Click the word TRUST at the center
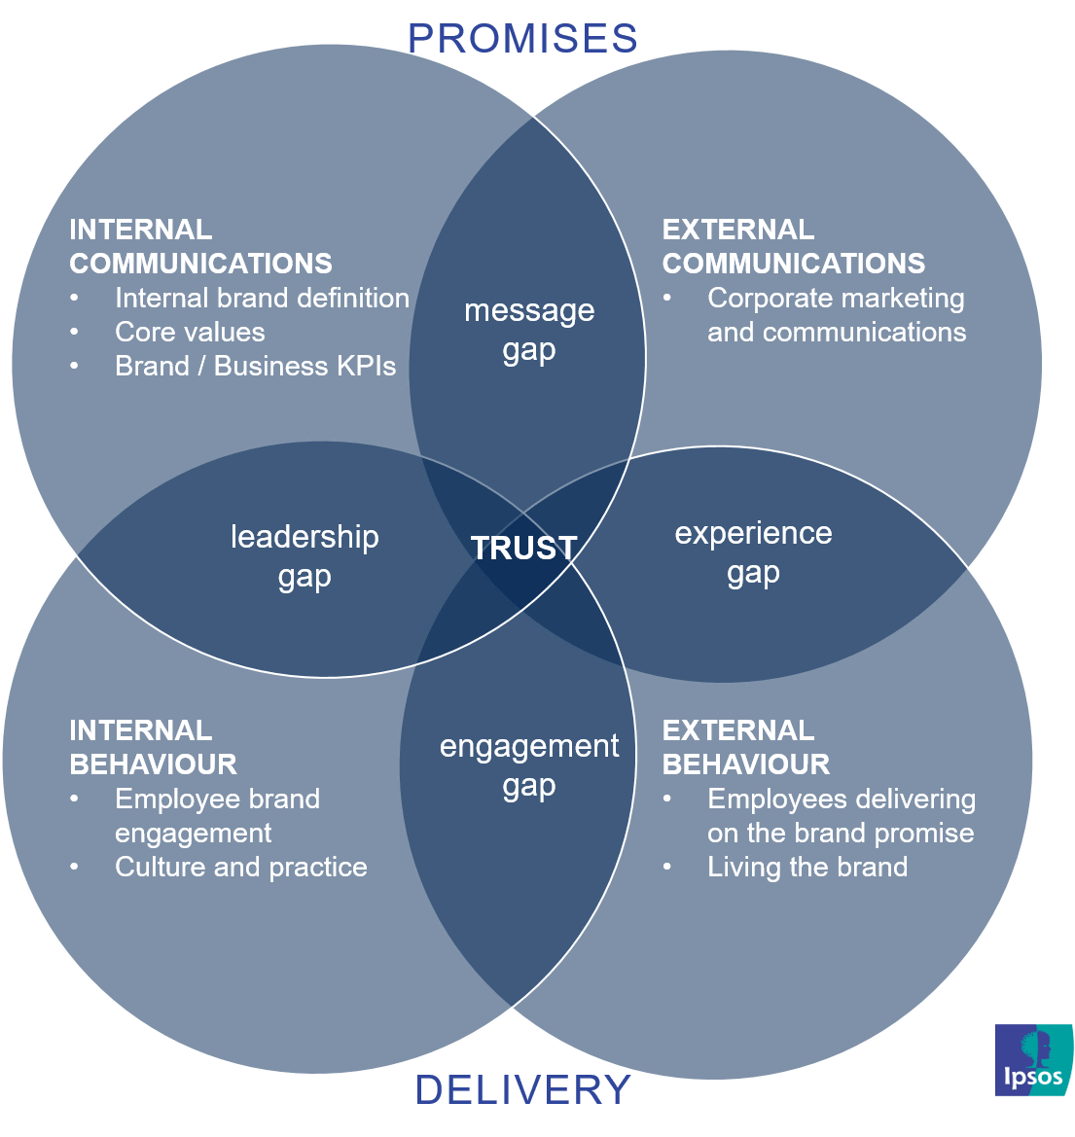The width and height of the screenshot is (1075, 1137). coord(524,548)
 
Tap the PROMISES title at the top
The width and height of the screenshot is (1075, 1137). coord(522,38)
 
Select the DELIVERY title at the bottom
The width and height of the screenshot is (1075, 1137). coord(522,1089)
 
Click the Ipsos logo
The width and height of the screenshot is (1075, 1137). coord(1033,1059)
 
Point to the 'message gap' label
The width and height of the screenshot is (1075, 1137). coord(529,330)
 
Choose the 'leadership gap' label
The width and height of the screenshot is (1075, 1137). coord(305,556)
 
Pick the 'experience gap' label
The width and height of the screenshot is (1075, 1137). coord(753,552)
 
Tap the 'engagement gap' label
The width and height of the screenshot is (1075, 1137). coord(529,765)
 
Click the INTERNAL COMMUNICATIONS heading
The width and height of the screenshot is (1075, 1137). coord(200,246)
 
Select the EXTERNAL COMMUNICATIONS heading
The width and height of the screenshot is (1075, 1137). coord(793,246)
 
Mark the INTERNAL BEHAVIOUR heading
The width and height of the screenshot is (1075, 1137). coord(153,747)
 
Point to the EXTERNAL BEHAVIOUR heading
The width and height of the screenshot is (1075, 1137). coord(745,747)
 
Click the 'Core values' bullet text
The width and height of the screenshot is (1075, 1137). coord(190,332)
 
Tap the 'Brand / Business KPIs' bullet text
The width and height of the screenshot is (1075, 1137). coord(256,366)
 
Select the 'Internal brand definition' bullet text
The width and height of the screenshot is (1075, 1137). coord(262,298)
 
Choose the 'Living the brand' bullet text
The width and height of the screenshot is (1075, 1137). coord(807,867)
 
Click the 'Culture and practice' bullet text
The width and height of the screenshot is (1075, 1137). coord(241,867)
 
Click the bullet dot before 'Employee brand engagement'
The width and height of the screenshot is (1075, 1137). coord(75,799)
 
